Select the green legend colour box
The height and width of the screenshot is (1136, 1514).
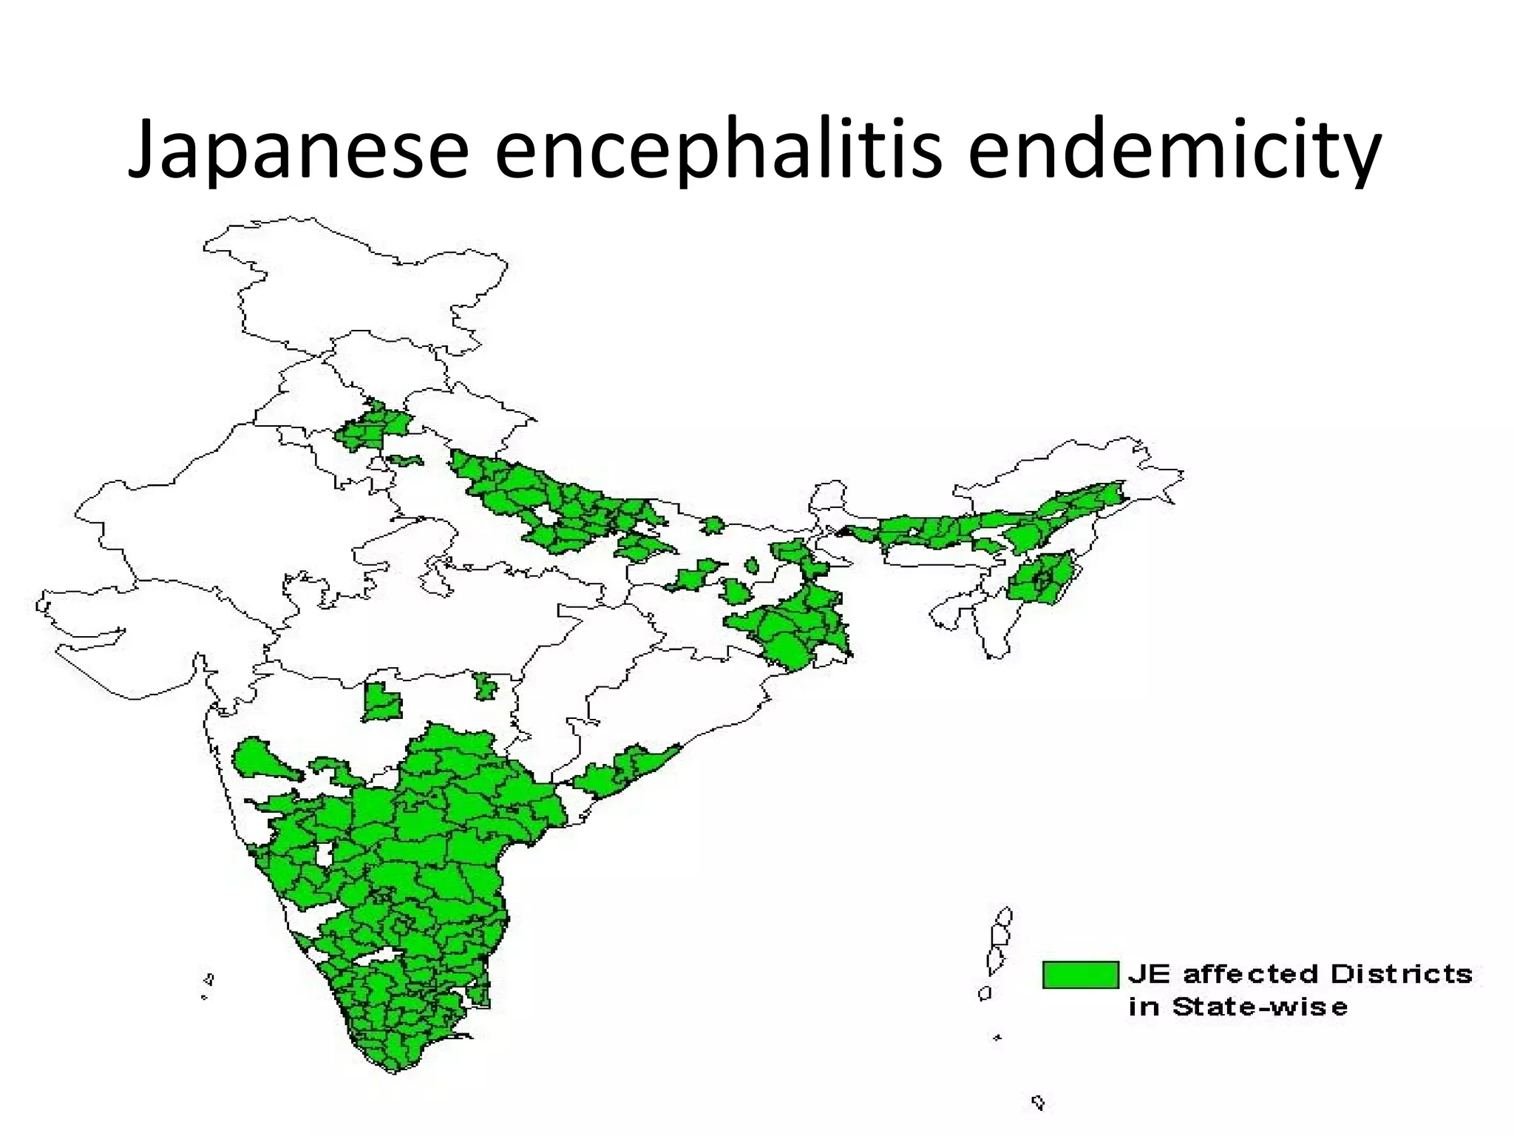(x=1080, y=974)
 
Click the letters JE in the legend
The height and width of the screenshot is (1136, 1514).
(x=1150, y=974)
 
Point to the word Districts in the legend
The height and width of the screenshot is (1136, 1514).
(x=1402, y=974)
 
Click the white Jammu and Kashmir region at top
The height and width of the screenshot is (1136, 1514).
(x=355, y=281)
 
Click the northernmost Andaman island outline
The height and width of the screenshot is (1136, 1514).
(x=1003, y=917)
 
